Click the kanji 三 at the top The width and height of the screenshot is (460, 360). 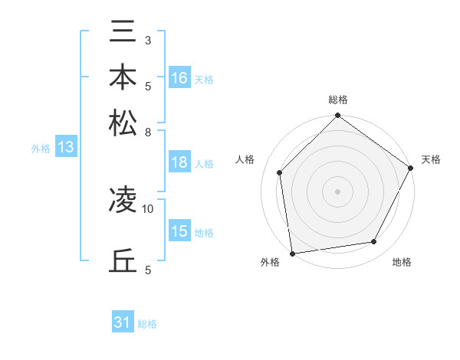point(123,33)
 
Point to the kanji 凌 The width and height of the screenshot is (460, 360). point(123,200)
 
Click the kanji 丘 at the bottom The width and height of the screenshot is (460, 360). point(123,260)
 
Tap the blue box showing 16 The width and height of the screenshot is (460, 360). point(180,77)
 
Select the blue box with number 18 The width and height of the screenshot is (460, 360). point(180,162)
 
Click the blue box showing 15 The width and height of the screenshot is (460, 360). point(180,231)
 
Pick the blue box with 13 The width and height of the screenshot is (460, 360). point(65,148)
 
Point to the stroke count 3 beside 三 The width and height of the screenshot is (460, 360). point(148,40)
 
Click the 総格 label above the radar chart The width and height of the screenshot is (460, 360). point(337,100)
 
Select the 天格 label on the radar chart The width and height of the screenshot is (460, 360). point(431,159)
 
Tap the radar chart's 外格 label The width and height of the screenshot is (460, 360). point(270,263)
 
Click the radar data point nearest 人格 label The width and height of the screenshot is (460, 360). point(280,172)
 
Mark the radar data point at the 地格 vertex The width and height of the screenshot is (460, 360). point(374,242)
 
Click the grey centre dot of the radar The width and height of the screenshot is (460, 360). point(337,191)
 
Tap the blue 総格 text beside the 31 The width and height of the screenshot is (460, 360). point(147,324)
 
